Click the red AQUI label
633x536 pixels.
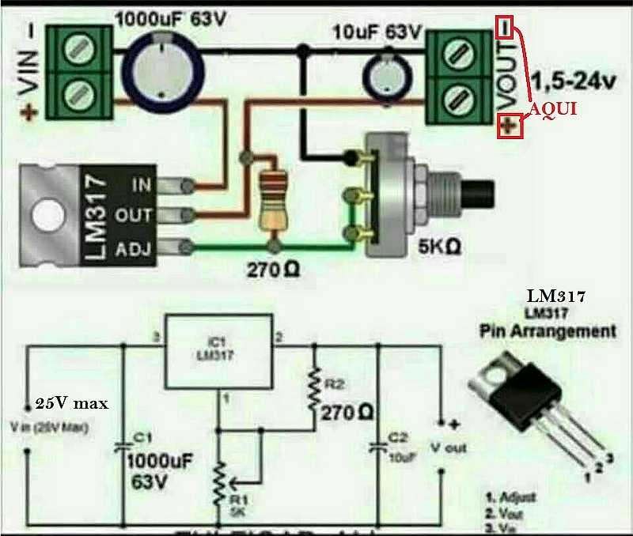(x=552, y=110)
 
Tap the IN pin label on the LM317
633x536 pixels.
(x=142, y=185)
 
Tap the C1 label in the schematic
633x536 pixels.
(x=139, y=436)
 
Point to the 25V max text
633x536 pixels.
(x=70, y=403)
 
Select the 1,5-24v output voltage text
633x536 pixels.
(x=574, y=81)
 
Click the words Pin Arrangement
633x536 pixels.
(x=548, y=331)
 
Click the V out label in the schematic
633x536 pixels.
(x=448, y=447)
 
